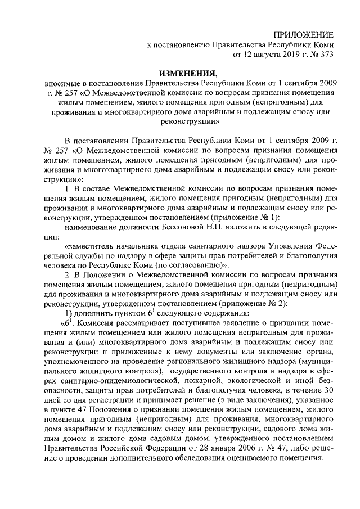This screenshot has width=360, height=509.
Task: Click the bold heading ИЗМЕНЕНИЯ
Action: (x=187, y=74)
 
